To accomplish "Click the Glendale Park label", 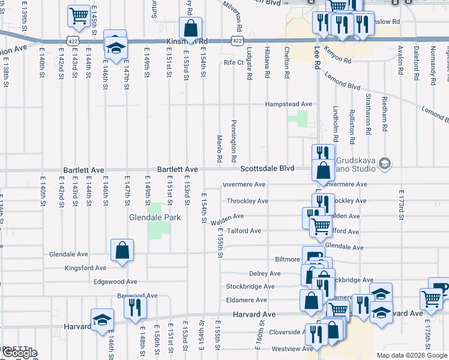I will click(155, 217).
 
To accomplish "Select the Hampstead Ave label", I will click(290, 104).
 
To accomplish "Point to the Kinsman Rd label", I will click(186, 41).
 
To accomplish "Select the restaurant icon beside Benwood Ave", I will click(135, 307).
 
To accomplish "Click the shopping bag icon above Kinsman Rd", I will click(190, 28).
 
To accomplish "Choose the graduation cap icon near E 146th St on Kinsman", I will click(115, 46).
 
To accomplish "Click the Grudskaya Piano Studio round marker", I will click(384, 163).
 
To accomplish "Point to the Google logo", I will click(19, 353).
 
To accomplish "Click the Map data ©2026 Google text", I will click(412, 355).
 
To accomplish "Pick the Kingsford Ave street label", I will click(86, 268).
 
